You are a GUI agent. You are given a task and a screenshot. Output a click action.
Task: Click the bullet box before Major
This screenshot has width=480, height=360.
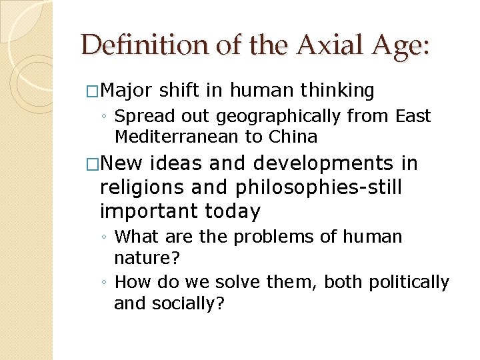[x=91, y=91]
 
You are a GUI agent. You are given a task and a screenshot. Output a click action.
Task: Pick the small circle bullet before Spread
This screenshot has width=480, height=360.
[x=105, y=117]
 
